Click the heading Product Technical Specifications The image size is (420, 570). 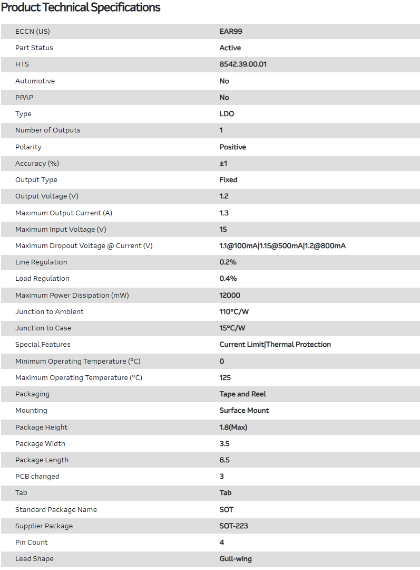(x=81, y=7)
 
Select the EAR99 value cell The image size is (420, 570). (x=231, y=31)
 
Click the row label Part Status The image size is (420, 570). (x=34, y=48)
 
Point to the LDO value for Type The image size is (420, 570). (x=227, y=114)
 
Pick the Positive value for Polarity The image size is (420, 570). (x=232, y=147)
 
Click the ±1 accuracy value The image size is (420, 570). (x=223, y=164)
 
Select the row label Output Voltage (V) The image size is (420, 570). (x=47, y=196)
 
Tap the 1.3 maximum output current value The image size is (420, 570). (x=224, y=213)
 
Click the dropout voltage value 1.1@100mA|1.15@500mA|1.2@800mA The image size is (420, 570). (x=282, y=246)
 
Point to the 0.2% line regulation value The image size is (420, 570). (x=228, y=262)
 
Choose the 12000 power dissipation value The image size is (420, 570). (x=230, y=296)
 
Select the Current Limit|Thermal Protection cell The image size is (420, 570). (x=275, y=345)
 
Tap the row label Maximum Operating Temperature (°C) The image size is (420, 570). (x=79, y=378)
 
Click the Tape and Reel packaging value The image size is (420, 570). (x=243, y=394)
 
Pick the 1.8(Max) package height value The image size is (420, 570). (x=233, y=427)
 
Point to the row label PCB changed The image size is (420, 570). (x=37, y=477)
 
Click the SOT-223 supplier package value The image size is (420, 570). (x=233, y=526)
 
